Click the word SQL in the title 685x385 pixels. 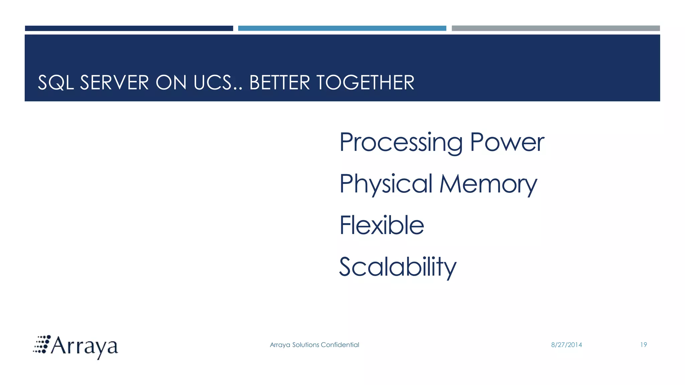pyautogui.click(x=56, y=83)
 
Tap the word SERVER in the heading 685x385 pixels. pyautogui.click(x=114, y=83)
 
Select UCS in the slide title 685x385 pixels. pyautogui.click(x=212, y=83)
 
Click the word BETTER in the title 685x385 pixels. pyautogui.click(x=280, y=83)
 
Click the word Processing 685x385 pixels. pyautogui.click(x=401, y=143)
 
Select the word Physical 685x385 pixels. pyautogui.click(x=386, y=184)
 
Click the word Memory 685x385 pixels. pyautogui.click(x=488, y=184)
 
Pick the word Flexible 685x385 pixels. pyautogui.click(x=382, y=225)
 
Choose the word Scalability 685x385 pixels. pyautogui.click(x=398, y=267)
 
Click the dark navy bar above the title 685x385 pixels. pyautogui.click(x=129, y=28)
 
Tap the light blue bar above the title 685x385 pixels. pyautogui.click(x=342, y=28)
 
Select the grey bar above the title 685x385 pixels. pyautogui.click(x=556, y=28)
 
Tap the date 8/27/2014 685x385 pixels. pyautogui.click(x=566, y=345)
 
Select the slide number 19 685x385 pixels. pyautogui.click(x=644, y=345)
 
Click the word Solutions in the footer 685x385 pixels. pyautogui.click(x=305, y=345)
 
